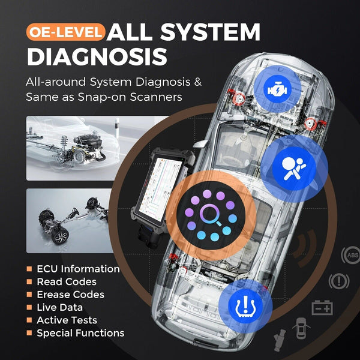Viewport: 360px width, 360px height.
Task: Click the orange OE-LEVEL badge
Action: pyautogui.click(x=65, y=32)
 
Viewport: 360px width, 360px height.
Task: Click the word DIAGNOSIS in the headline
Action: pyautogui.click(x=97, y=57)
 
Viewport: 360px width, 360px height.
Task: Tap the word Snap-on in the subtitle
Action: pyautogui.click(x=102, y=97)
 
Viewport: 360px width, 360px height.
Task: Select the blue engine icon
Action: pyautogui.click(x=277, y=89)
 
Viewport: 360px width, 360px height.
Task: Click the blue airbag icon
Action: pyautogui.click(x=294, y=169)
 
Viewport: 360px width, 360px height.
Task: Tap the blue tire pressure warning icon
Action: pyautogui.click(x=245, y=306)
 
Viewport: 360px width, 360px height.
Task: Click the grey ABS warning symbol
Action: pyautogui.click(x=351, y=255)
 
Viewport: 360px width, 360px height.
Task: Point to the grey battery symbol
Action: pyautogui.click(x=322, y=308)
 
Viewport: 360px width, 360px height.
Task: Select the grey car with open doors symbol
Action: pyautogui.click(x=301, y=328)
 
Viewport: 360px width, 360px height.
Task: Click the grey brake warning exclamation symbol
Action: pyautogui.click(x=339, y=281)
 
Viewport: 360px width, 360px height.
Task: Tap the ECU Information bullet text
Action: pyautogui.click(x=78, y=269)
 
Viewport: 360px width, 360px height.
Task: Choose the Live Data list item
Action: pyautogui.click(x=59, y=307)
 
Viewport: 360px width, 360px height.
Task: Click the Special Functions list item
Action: pyautogui.click(x=80, y=333)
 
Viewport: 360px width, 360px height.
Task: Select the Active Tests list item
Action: pyautogui.click(x=67, y=320)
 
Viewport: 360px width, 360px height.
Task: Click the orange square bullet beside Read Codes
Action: pyautogui.click(x=29, y=282)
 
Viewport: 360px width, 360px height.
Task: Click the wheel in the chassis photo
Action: pyautogui.click(x=61, y=236)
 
